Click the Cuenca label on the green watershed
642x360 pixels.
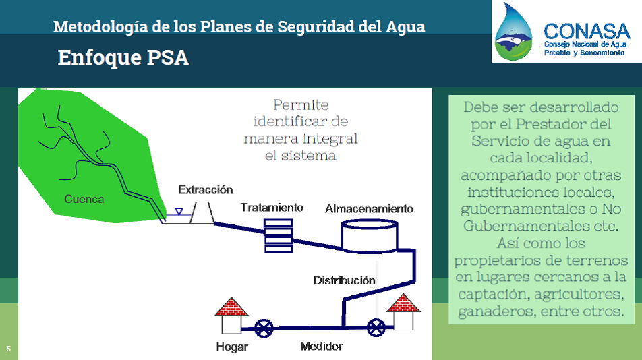coord(84,200)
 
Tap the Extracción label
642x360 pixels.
coord(206,190)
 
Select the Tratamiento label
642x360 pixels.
coord(272,208)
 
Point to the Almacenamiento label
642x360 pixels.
coord(369,208)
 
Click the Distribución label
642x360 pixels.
coord(345,280)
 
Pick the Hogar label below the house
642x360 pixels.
coord(232,347)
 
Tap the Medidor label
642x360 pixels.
coord(322,347)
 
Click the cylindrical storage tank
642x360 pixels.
coord(370,236)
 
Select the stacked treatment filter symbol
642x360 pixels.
coord(279,236)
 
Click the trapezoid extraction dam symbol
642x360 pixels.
coord(202,212)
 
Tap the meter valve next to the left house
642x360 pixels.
coord(264,328)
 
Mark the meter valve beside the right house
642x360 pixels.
coord(376,328)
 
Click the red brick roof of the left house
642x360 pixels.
coord(231,307)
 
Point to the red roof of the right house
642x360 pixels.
coord(403,303)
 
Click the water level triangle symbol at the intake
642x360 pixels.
coord(179,212)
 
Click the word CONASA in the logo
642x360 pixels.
coord(587,32)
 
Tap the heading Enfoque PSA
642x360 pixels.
coord(123,57)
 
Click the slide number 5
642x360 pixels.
coord(9,349)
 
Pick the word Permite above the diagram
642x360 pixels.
coord(301,105)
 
